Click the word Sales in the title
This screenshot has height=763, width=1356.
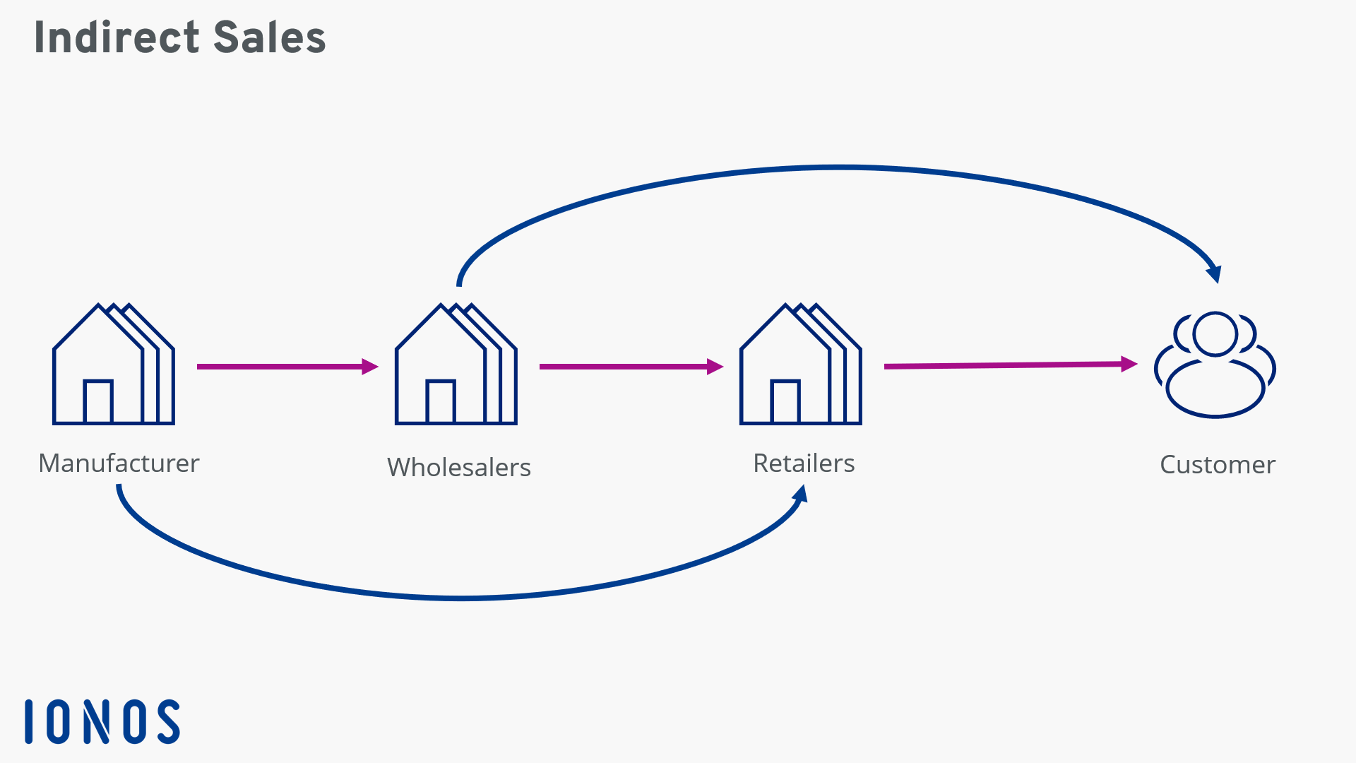269,37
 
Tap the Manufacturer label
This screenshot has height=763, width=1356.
119,463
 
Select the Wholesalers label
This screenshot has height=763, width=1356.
459,468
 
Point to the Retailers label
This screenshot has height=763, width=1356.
804,463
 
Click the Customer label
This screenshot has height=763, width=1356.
1218,465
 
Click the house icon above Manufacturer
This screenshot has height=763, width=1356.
113,365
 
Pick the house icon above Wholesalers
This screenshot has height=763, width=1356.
456,365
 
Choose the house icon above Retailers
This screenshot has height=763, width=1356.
800,365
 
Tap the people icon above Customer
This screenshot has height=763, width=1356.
1215,365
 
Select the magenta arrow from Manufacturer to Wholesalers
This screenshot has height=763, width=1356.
287,367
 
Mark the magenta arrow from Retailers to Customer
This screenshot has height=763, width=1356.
1010,365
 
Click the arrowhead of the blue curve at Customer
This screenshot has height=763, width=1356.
1215,273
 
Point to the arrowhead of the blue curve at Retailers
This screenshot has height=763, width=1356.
800,493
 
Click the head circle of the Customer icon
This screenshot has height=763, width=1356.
1215,333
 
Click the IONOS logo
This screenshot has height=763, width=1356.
102,721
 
